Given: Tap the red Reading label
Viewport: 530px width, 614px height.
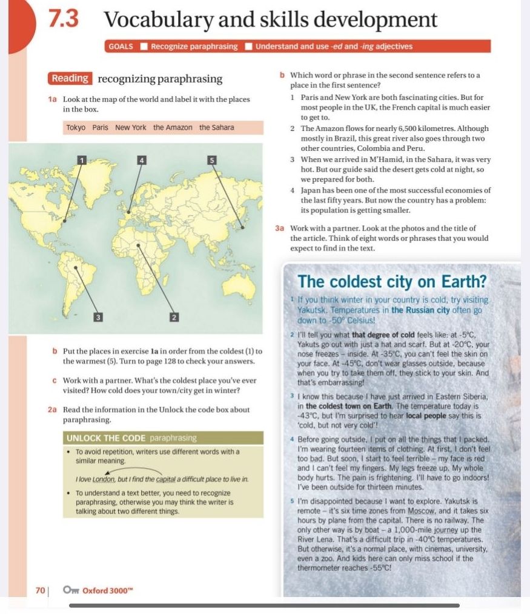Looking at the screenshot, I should pyautogui.click(x=70, y=78).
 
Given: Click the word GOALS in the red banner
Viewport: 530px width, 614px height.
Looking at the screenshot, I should pyautogui.click(x=121, y=46).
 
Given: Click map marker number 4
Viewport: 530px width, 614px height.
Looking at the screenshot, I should pyautogui.click(x=142, y=159).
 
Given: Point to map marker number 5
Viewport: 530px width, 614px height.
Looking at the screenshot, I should pyautogui.click(x=211, y=159).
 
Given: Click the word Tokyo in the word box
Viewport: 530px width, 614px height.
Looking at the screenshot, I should pyautogui.click(x=76, y=128).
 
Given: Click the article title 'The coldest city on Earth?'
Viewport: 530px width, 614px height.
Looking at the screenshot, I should pyautogui.click(x=393, y=282).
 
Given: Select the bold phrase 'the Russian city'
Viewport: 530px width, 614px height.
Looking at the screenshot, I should pyautogui.click(x=423, y=310).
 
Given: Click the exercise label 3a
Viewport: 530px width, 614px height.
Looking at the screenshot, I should pyautogui.click(x=279, y=228).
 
